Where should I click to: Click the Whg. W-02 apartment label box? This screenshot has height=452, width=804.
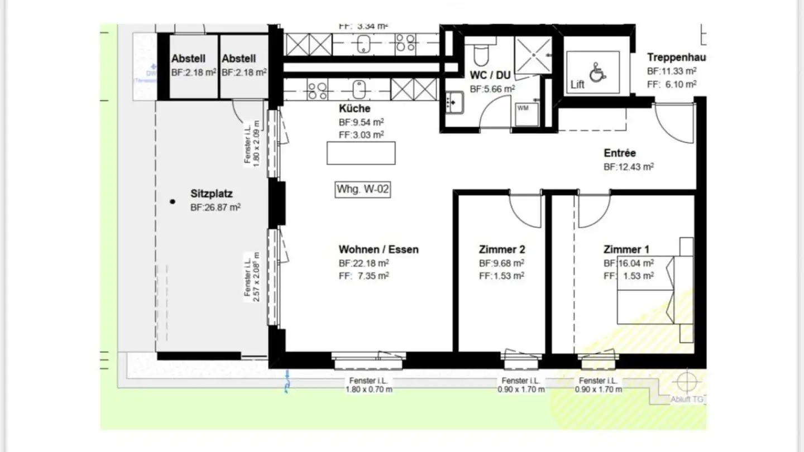pyautogui.click(x=362, y=189)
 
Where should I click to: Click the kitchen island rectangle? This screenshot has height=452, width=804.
pyautogui.click(x=361, y=153)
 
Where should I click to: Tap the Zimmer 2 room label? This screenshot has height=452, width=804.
pyautogui.click(x=501, y=249)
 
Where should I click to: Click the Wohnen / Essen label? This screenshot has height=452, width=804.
pyautogui.click(x=378, y=249)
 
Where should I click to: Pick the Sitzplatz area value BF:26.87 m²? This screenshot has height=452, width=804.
pyautogui.click(x=216, y=207)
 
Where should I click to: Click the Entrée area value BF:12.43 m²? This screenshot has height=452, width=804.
pyautogui.click(x=629, y=166)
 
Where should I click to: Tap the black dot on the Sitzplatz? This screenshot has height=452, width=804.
pyautogui.click(x=173, y=201)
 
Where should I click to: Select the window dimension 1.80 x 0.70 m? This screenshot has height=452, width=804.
pyautogui.click(x=368, y=389)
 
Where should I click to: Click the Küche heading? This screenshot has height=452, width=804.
pyautogui.click(x=354, y=108)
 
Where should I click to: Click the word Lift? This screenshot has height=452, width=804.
pyautogui.click(x=577, y=85)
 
